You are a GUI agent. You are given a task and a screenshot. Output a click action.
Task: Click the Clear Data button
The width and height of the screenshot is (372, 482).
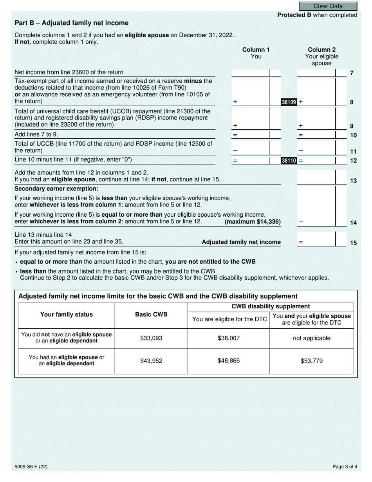tap(328, 6)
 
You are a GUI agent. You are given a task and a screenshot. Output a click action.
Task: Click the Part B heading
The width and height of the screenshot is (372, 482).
tap(71, 23)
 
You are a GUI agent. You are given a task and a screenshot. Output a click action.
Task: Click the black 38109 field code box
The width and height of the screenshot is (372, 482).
tap(289, 102)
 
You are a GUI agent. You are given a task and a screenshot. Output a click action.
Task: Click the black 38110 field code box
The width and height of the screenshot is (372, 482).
tap(289, 160)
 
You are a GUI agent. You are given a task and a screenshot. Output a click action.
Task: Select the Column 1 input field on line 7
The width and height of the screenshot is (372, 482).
tap(251, 73)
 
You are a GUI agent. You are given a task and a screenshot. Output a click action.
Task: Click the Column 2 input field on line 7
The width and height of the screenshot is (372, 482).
tap(316, 73)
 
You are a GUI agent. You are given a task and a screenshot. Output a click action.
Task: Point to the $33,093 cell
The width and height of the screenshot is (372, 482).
tap(151, 338)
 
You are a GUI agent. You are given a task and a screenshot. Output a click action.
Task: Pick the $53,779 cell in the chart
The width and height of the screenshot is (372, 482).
tap(312, 361)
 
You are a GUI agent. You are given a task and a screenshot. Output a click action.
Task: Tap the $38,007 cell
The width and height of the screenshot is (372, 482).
tap(229, 338)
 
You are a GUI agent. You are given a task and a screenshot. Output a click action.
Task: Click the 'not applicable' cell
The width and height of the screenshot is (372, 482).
tap(312, 338)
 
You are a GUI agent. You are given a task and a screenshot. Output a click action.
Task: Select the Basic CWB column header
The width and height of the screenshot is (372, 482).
tap(151, 315)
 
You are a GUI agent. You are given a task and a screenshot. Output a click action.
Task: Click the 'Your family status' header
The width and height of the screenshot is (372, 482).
tap(67, 315)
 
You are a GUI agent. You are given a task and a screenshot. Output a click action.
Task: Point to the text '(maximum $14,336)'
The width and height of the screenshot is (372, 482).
tap(253, 222)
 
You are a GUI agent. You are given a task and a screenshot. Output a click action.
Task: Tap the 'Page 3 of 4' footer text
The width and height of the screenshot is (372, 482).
tap(345, 467)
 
